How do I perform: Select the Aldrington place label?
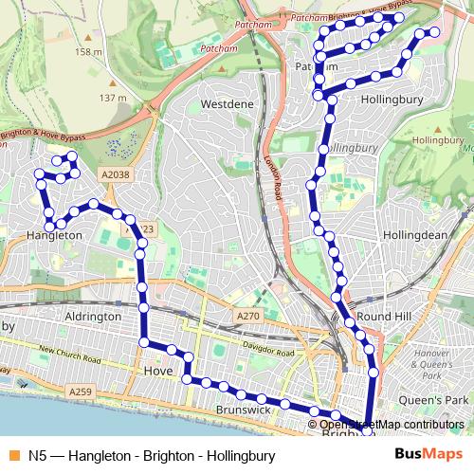[x=92, y=316]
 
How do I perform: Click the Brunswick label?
[x=244, y=410]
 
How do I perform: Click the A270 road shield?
[x=247, y=316]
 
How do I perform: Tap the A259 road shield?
[x=82, y=390]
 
